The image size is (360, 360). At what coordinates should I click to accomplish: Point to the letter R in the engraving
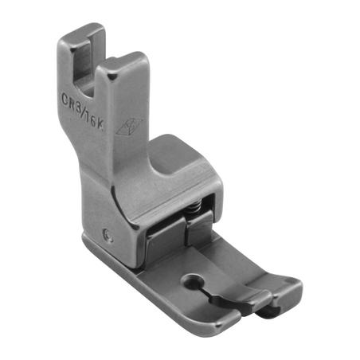coord(72,103)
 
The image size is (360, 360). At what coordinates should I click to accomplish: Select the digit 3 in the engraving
coord(80,105)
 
